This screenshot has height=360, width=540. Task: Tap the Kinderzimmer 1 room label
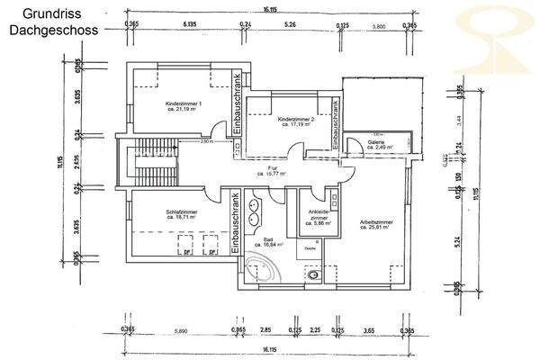(x=184, y=105)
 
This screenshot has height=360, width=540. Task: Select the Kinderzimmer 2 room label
(x=295, y=119)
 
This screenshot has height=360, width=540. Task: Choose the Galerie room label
(x=376, y=142)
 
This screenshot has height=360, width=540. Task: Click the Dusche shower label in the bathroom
(x=309, y=247)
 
